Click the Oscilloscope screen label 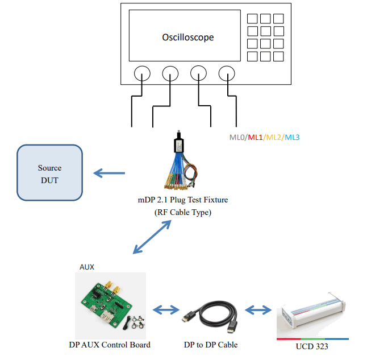(188, 38)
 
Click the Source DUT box (49, 173)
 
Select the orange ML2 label (274, 138)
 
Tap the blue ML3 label (292, 138)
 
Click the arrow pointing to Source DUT (109, 173)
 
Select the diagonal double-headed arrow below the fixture (152, 237)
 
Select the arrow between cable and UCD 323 (258, 311)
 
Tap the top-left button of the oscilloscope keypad (252, 18)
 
